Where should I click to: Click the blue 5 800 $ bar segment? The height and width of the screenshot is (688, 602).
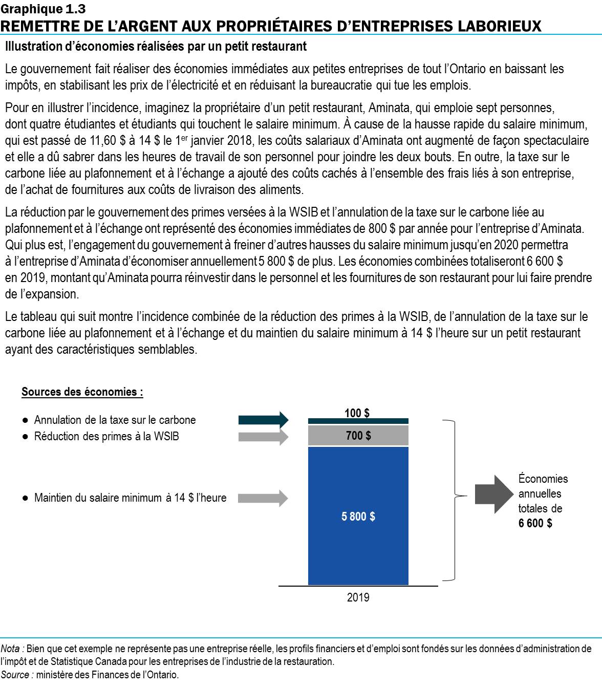pyautogui.click(x=358, y=516)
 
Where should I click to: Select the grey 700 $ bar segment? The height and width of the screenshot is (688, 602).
pyautogui.click(x=358, y=436)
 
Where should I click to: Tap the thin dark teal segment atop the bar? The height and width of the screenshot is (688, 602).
pyautogui.click(x=358, y=421)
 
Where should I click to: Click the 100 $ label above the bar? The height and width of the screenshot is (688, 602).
pyautogui.click(x=357, y=413)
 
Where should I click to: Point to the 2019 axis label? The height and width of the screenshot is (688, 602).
pyautogui.click(x=358, y=597)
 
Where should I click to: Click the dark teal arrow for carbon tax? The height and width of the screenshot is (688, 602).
pyautogui.click(x=263, y=420)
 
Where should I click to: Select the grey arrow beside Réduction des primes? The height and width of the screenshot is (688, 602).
pyautogui.click(x=263, y=437)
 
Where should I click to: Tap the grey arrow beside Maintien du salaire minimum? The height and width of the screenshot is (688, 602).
pyautogui.click(x=263, y=498)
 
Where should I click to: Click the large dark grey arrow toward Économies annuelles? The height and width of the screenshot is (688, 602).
pyautogui.click(x=493, y=494)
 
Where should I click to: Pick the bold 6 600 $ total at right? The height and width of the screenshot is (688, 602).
pyautogui.click(x=535, y=523)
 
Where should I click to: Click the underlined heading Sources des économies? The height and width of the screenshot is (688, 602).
pyautogui.click(x=82, y=392)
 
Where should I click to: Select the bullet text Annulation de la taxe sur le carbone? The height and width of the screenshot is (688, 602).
pyautogui.click(x=115, y=420)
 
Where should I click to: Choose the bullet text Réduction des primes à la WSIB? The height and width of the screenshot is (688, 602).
pyautogui.click(x=106, y=437)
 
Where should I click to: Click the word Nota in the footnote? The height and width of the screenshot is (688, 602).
pyautogui.click(x=11, y=649)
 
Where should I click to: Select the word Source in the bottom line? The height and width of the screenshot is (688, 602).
pyautogui.click(x=15, y=675)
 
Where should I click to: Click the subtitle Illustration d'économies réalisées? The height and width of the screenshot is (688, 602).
pyautogui.click(x=156, y=47)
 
